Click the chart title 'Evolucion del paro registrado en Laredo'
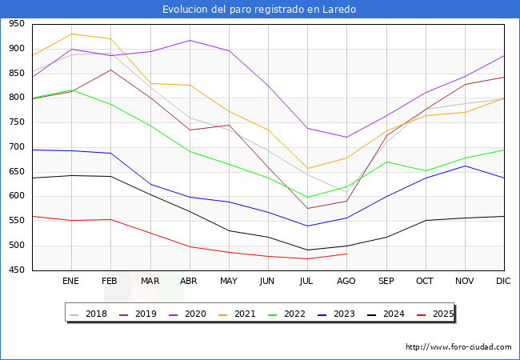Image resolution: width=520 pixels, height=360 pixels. click(x=259, y=10)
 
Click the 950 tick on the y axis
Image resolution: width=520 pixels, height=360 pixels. click(x=16, y=24)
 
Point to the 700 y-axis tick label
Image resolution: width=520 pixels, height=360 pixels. click(x=16, y=147)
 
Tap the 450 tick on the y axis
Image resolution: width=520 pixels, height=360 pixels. click(x=16, y=270)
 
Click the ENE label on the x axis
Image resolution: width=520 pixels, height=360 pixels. click(x=71, y=281)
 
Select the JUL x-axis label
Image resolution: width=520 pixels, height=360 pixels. click(x=306, y=281)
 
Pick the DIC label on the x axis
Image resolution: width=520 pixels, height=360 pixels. click(x=503, y=281)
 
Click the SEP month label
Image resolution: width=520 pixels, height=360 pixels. click(x=386, y=281)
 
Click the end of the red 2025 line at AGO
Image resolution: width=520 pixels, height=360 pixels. click(x=346, y=254)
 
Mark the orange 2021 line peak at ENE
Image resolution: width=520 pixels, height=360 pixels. click(x=71, y=34)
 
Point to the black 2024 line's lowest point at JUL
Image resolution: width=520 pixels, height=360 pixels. click(x=307, y=250)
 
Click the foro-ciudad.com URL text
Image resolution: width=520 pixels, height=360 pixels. click(x=458, y=347)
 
